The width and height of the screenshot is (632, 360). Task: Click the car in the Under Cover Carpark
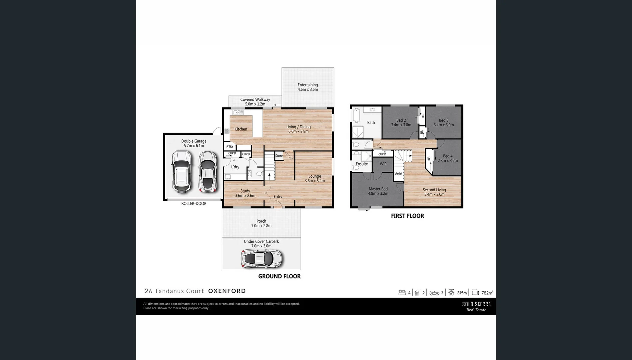262,258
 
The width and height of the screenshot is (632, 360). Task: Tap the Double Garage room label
194,143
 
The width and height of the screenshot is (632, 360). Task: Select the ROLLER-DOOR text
194,203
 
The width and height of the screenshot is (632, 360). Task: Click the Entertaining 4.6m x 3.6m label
308,87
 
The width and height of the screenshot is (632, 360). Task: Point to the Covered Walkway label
255,102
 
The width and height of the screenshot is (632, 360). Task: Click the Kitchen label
241,129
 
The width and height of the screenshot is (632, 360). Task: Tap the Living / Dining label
299,129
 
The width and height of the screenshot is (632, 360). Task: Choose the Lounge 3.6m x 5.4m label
315,178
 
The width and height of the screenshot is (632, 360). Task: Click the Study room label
245,193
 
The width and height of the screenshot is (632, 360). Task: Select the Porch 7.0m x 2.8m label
261,223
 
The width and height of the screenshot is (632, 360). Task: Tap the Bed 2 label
401,122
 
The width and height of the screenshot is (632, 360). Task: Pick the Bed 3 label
444,122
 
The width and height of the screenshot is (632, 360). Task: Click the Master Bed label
378,191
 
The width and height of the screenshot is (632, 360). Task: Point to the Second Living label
434,192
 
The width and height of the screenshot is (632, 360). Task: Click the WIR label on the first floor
383,164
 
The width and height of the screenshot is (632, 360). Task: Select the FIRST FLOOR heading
407,216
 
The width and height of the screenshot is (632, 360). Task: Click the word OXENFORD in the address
227,291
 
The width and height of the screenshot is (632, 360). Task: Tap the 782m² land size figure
487,293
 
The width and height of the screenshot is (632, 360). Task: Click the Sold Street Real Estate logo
476,306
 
